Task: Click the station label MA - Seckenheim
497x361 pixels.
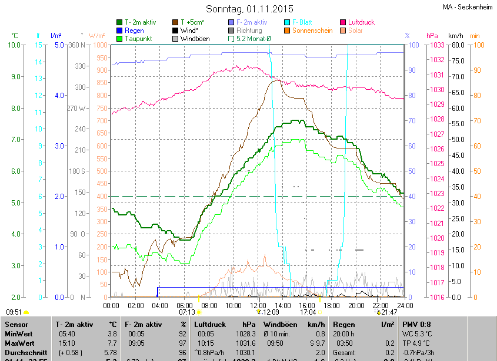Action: (468, 7)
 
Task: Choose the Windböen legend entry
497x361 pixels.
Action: (194, 38)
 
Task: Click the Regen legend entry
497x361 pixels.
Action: (134, 30)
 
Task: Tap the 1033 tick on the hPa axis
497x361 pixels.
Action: (436, 45)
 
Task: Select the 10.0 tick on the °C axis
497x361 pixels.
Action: (15, 45)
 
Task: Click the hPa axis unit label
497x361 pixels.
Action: (432, 35)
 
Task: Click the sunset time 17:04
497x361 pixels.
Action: (308, 313)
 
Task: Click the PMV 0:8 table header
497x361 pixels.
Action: (417, 324)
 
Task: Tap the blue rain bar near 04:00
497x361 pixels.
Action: (158, 292)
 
